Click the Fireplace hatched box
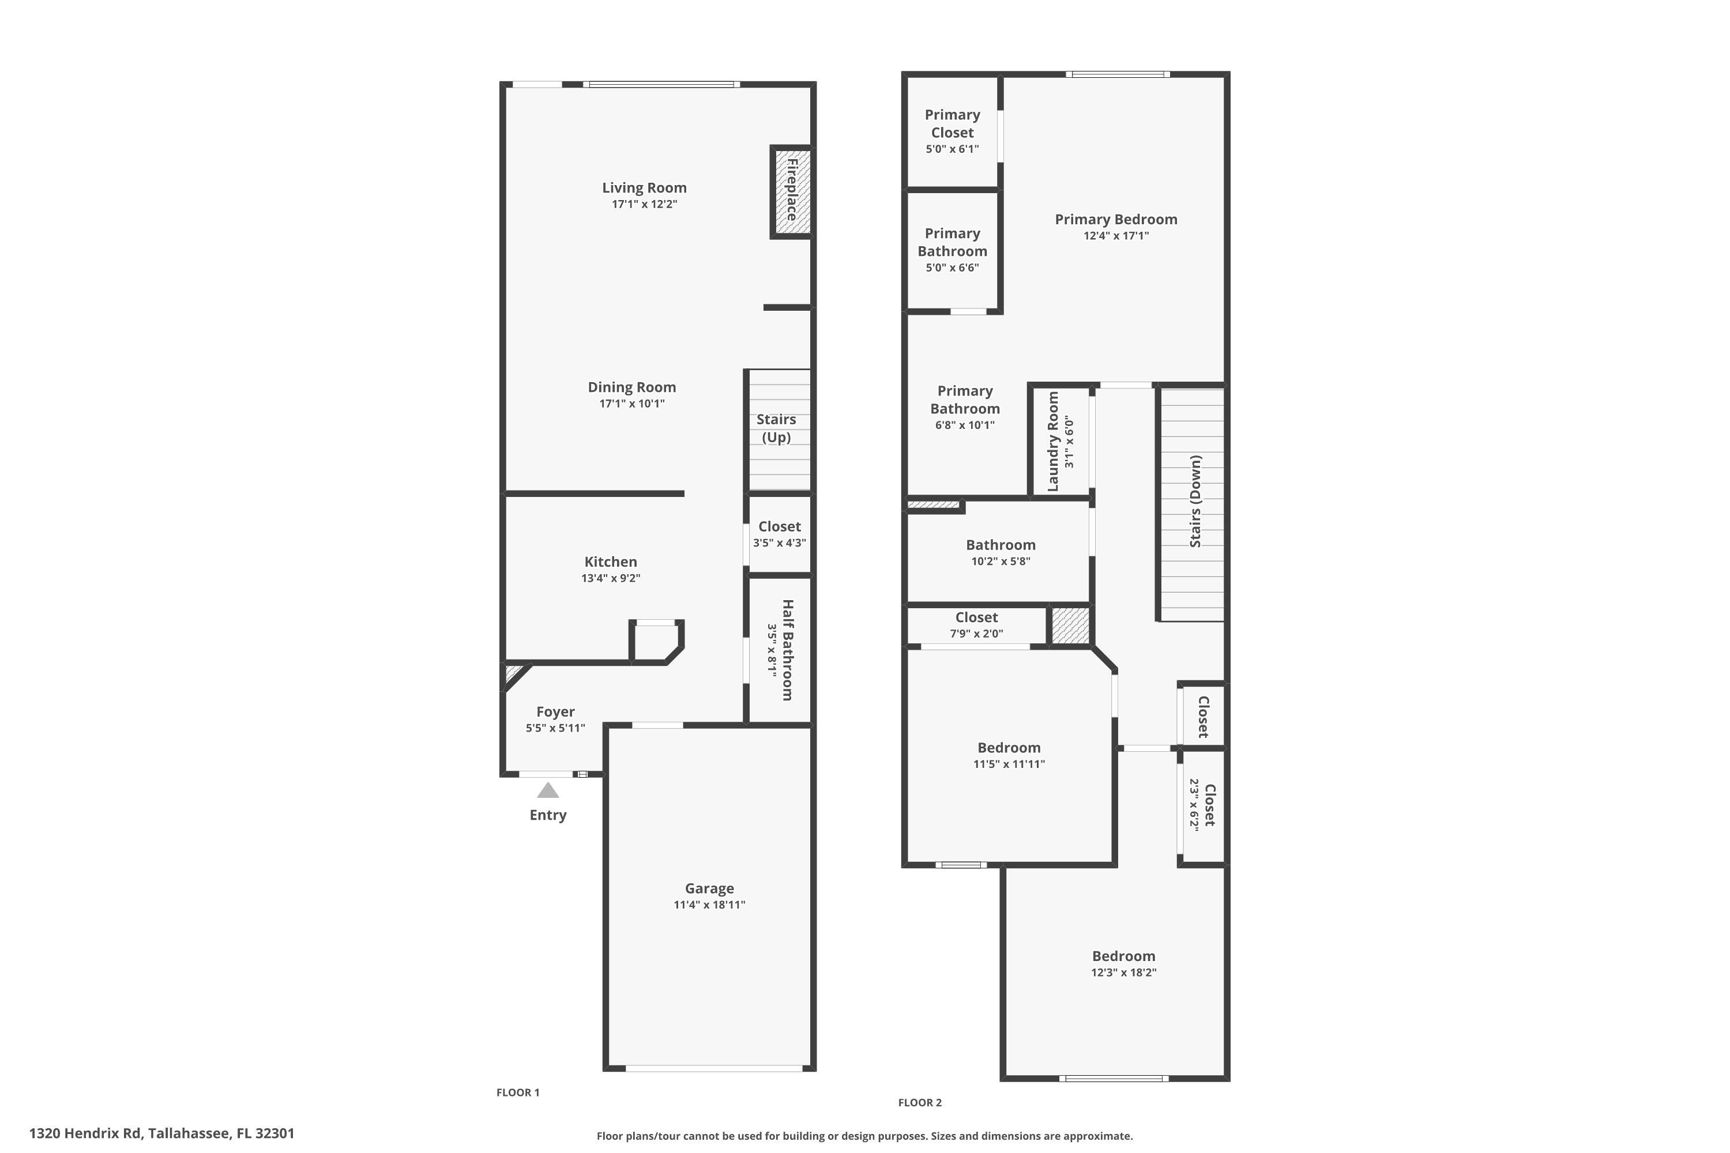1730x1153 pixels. (x=791, y=192)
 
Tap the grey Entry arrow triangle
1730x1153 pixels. (x=548, y=791)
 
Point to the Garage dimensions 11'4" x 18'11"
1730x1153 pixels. (x=709, y=905)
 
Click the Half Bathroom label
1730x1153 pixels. (x=787, y=650)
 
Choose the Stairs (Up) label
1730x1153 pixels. (x=776, y=428)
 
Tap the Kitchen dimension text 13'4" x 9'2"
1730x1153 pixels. (x=611, y=578)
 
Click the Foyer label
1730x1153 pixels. (x=555, y=712)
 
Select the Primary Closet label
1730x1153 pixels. (x=953, y=123)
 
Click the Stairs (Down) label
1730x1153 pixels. (x=1195, y=501)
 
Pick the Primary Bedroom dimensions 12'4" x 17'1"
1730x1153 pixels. (x=1116, y=236)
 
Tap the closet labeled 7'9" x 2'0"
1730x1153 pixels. (x=976, y=625)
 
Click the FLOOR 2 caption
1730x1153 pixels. (x=919, y=1102)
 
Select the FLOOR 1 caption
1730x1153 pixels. (x=518, y=1092)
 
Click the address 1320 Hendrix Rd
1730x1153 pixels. (x=162, y=1133)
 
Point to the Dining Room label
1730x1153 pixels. (x=632, y=387)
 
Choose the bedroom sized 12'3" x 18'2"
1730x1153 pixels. (x=1123, y=963)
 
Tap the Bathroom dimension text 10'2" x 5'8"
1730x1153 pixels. (x=1001, y=561)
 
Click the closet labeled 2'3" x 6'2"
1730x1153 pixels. (x=1204, y=805)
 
